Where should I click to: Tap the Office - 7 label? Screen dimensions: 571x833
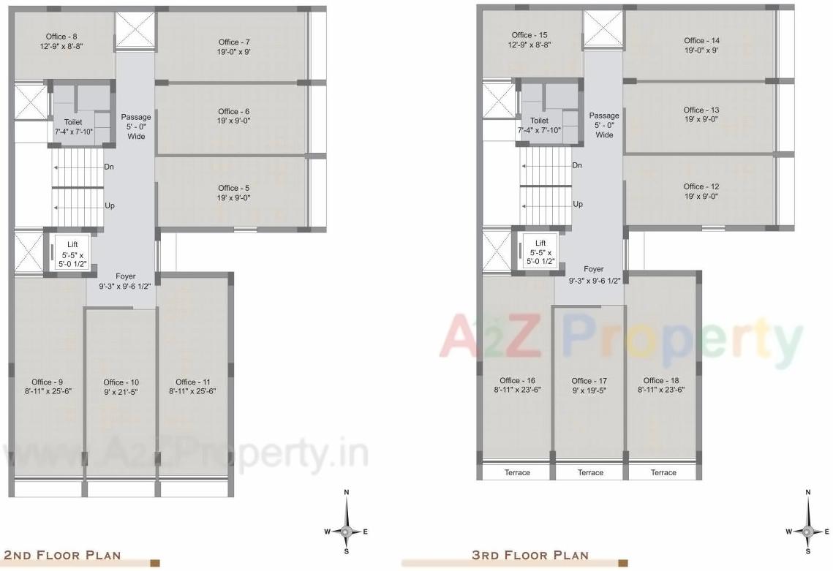234,42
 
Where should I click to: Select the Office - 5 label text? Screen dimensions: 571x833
234,188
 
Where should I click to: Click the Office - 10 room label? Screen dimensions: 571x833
121,382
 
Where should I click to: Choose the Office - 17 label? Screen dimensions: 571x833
589,381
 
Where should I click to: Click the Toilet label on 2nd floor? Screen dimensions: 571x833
72,122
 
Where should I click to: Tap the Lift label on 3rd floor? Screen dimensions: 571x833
540,243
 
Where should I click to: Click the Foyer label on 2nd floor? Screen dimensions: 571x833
126,276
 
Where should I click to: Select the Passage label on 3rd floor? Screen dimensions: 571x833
604,116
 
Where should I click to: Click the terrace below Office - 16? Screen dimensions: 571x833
517,472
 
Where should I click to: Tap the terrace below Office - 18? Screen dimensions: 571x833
663,472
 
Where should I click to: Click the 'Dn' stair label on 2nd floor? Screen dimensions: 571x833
109,167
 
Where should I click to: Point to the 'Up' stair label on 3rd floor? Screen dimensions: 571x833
578,205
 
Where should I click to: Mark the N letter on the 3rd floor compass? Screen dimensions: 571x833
807,493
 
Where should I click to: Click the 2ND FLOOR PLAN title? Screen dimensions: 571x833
63,555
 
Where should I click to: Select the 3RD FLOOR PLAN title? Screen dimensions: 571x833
530,555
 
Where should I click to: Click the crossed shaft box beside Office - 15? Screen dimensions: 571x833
601,30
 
